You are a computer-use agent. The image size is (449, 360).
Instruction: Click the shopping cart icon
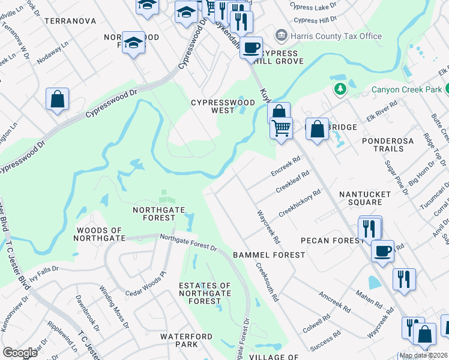point(281,128)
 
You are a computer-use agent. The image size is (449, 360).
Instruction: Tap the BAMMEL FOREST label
point(269,255)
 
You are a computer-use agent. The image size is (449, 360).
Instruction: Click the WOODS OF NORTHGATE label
point(99,235)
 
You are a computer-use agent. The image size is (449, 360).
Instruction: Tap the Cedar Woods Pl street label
point(145,285)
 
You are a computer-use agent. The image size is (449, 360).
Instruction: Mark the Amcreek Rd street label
point(334,302)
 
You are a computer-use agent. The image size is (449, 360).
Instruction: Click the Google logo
point(20,353)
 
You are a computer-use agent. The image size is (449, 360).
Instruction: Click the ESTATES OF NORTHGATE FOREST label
point(204,293)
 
